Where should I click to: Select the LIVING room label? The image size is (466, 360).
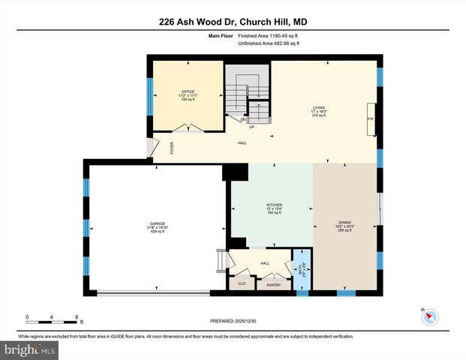pos(319,108)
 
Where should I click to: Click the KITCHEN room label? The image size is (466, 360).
pos(273,205)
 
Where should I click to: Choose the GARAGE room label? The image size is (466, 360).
pos(157,224)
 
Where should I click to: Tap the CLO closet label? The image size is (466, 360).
pos(242,283)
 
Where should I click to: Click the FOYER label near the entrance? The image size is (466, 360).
pos(172,148)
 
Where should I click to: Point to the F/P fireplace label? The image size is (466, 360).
pos(369,119)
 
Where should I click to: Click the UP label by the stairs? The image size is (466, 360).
pos(252,127)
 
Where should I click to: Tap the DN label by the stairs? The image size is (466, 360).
pos(243,119)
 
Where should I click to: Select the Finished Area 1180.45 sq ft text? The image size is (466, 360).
pos(269,36)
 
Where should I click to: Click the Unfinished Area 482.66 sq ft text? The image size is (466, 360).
pos(269,44)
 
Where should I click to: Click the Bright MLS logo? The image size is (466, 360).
pos(30,349)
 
